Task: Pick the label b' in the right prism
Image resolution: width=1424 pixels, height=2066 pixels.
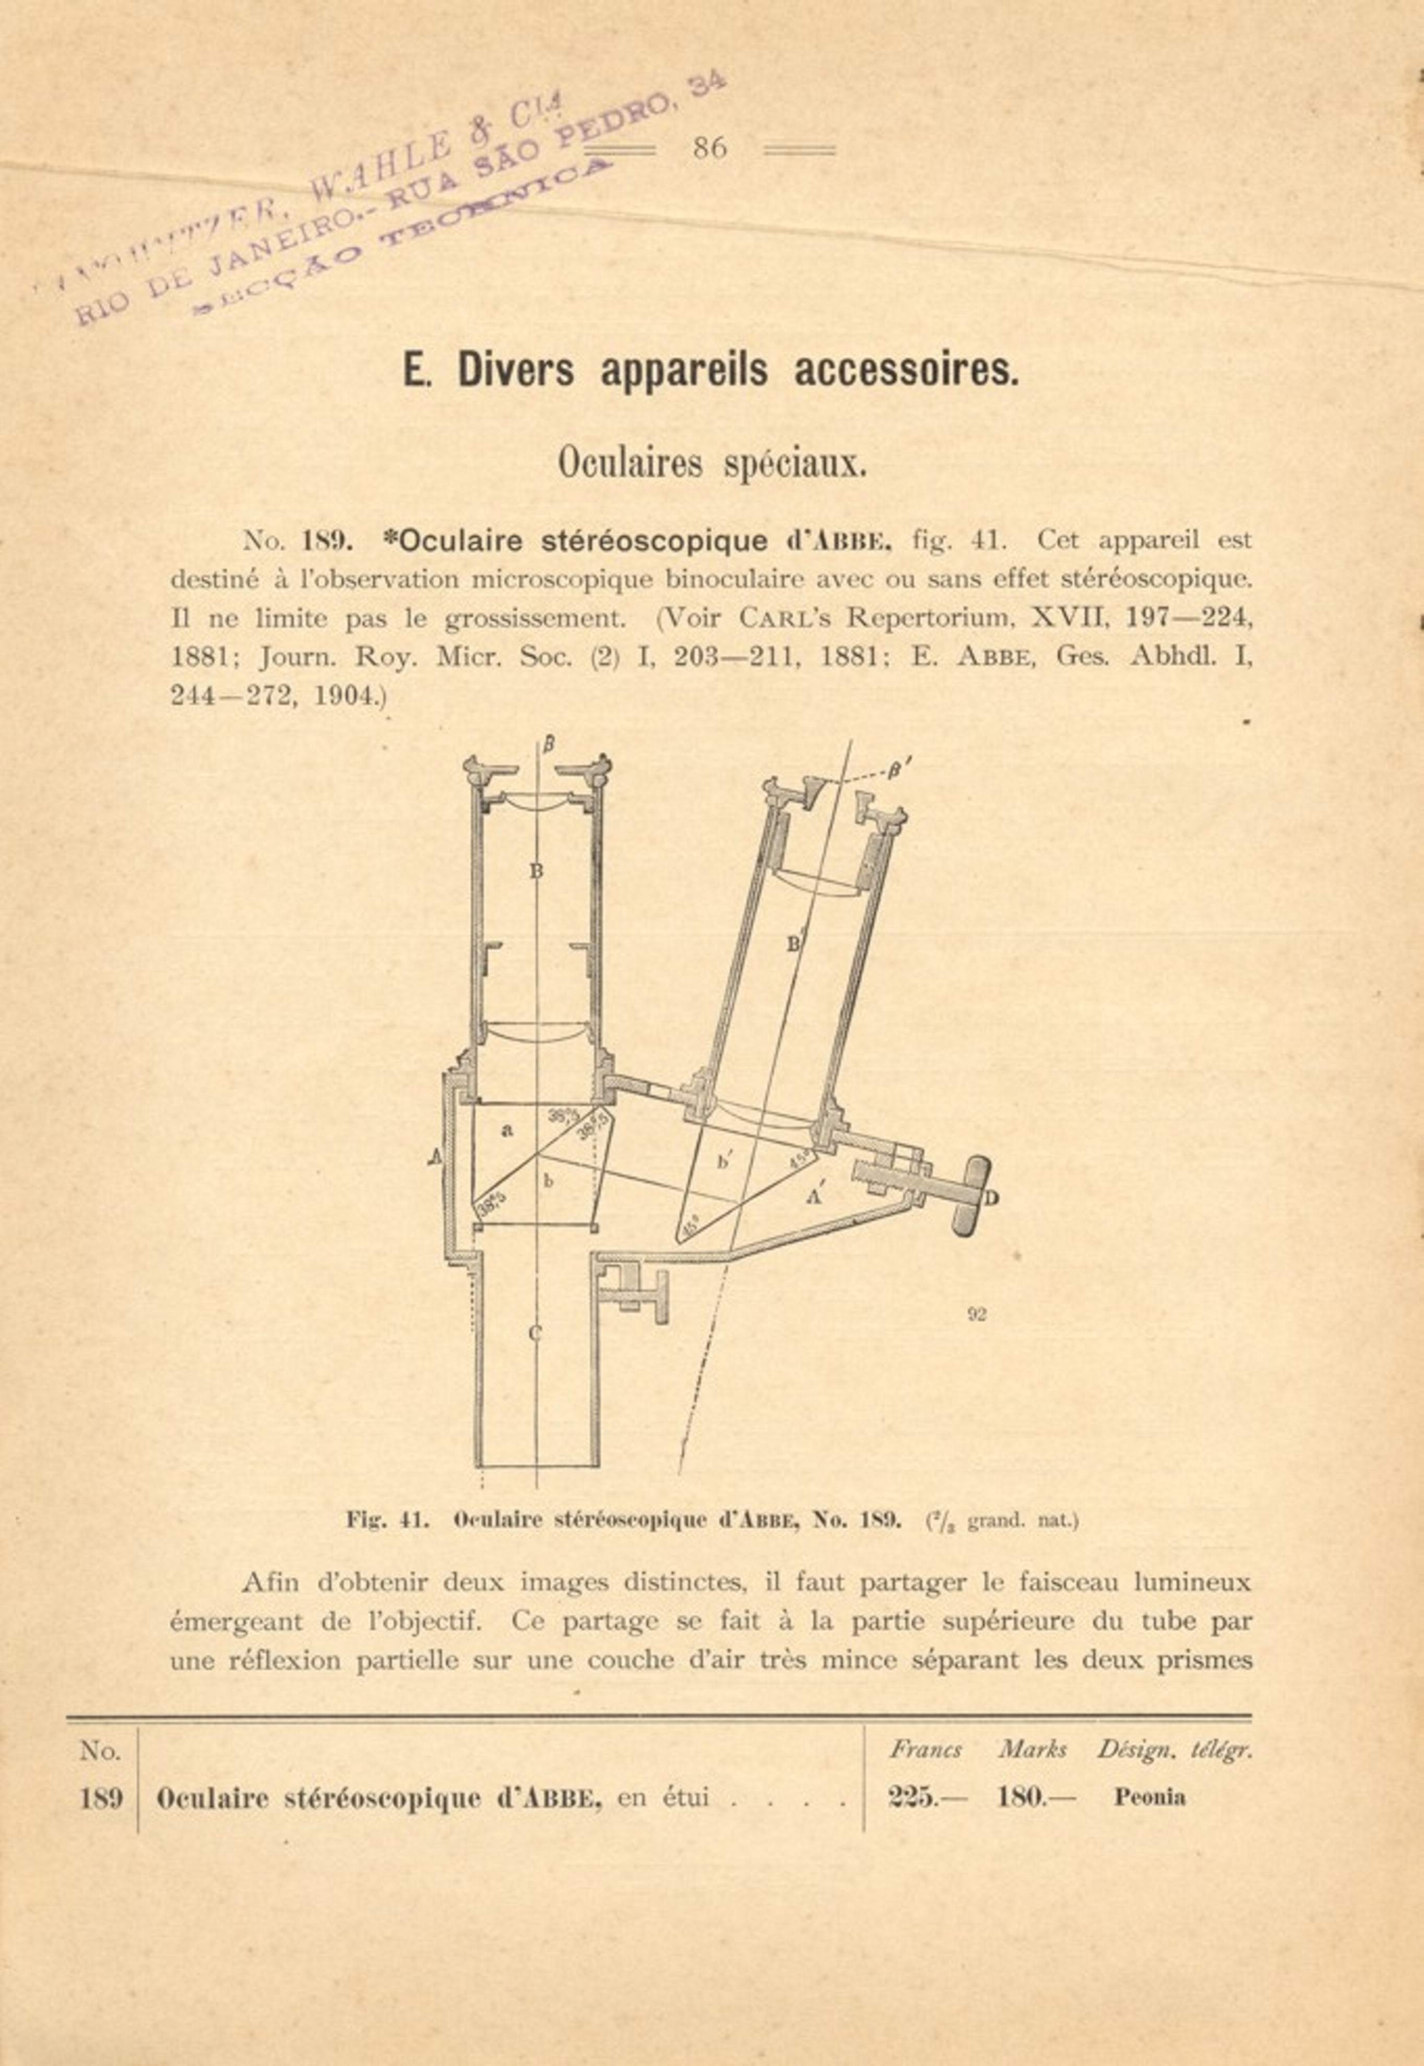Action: (726, 1162)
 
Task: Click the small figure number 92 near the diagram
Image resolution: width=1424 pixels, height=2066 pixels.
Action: (976, 1313)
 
